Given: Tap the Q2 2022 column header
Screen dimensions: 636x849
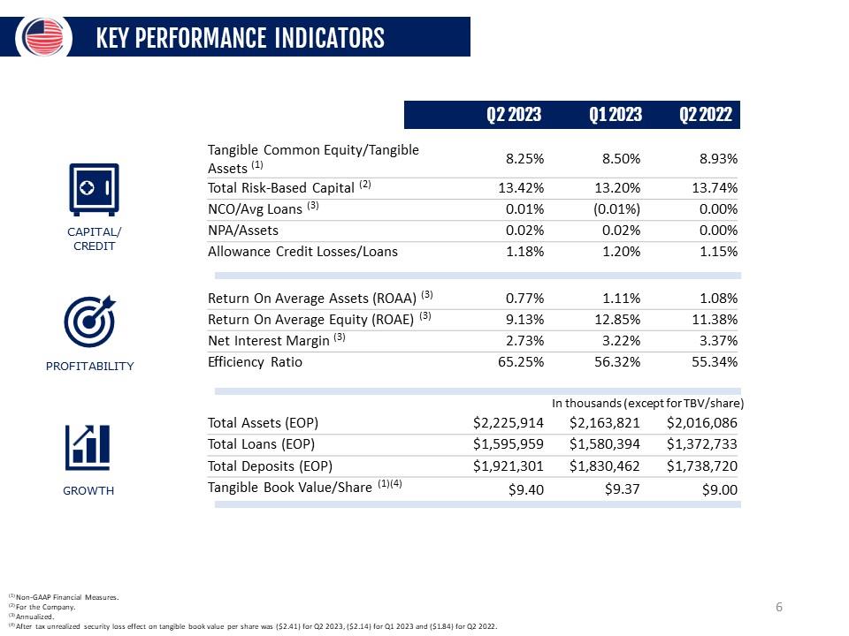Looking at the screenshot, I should coord(706,115).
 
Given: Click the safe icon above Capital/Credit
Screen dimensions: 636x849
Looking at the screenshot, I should coord(93,187).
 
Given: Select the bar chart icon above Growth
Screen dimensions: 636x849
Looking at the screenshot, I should coord(88,448).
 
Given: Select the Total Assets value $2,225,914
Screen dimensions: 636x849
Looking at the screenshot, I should coord(509,422).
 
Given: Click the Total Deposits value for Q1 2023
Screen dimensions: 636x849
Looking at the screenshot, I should coord(605,466).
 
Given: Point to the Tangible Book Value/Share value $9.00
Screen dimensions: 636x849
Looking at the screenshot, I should coord(719,490).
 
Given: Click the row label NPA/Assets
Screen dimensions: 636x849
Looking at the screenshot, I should coord(242,230).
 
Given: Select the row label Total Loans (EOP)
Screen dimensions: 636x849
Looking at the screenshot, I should coord(261,443).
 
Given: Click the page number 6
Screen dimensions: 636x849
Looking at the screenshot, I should coord(779,607).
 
